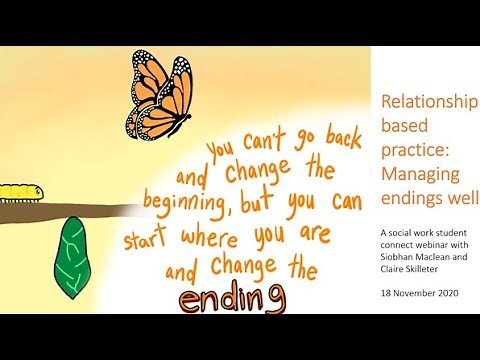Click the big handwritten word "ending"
click(x=232, y=298)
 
